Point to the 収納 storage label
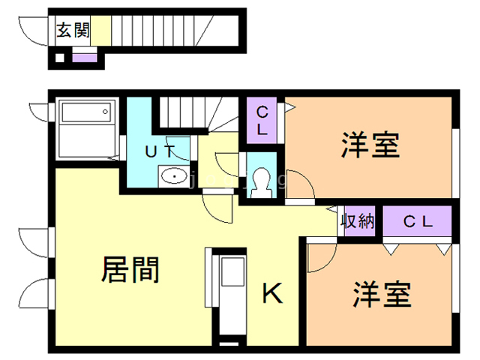coord(358,221)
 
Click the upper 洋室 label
coord(370,145)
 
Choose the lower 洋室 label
coord(382,293)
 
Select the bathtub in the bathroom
coord(85,114)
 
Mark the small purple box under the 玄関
coord(84,57)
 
